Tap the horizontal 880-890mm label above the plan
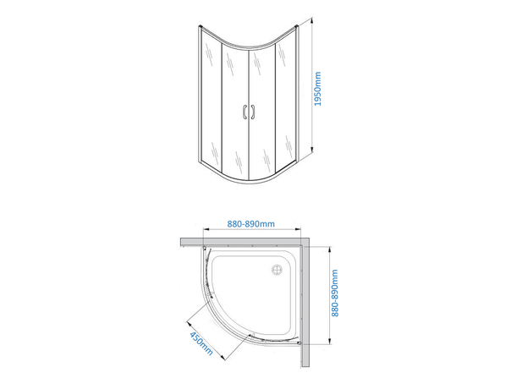click(251, 224)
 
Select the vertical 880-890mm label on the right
click(336, 293)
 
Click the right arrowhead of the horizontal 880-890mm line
click(303, 232)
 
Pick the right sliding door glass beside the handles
click(263, 110)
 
